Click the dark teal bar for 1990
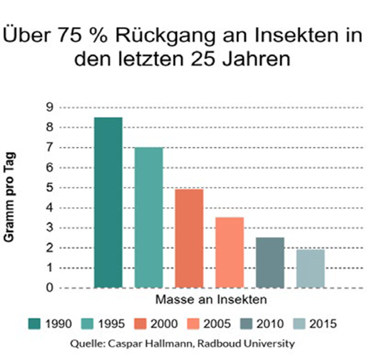(108, 202)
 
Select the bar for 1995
(148, 217)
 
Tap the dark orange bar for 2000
(189, 238)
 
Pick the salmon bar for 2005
(229, 253)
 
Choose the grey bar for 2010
(270, 262)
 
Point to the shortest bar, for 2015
(310, 268)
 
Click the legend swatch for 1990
(34, 324)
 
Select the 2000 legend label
(164, 324)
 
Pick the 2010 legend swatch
(247, 324)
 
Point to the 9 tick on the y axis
(50, 107)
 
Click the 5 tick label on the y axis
(50, 187)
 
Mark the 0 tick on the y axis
(50, 288)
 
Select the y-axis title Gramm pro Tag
(10, 197)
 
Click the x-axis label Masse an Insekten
(211, 299)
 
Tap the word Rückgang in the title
(165, 36)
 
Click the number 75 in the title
(70, 35)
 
